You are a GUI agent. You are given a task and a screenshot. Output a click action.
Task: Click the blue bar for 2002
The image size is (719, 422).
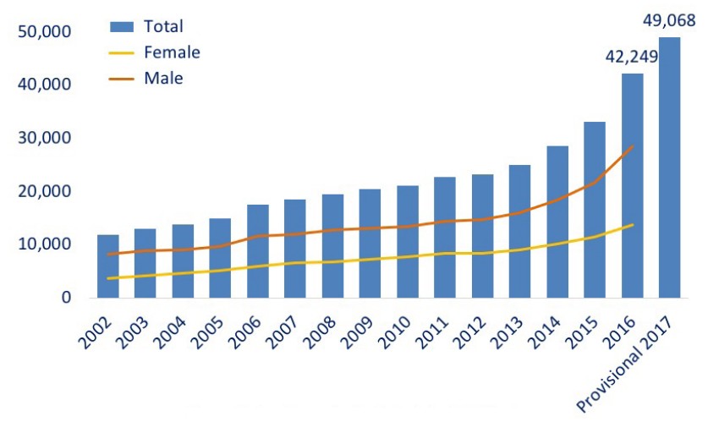click(x=107, y=266)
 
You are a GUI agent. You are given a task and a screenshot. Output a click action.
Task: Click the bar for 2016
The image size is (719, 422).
click(x=632, y=185)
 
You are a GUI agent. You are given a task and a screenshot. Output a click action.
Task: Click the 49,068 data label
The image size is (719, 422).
click(x=669, y=19)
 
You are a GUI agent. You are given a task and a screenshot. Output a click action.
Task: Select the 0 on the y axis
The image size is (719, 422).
click(x=63, y=298)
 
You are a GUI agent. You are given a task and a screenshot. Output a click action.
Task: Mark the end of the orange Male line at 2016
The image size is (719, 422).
click(x=633, y=146)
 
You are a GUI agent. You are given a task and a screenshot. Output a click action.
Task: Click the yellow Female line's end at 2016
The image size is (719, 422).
click(x=633, y=224)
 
